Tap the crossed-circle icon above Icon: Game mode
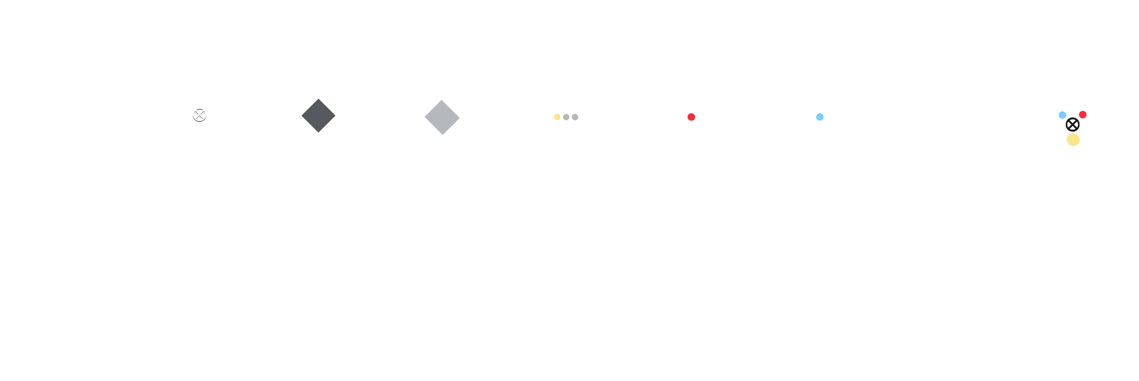[199, 114]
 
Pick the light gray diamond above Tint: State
[442, 118]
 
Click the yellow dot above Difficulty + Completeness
[557, 117]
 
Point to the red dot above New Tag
[691, 117]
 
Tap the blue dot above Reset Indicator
[820, 117]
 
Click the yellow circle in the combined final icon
[1073, 140]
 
